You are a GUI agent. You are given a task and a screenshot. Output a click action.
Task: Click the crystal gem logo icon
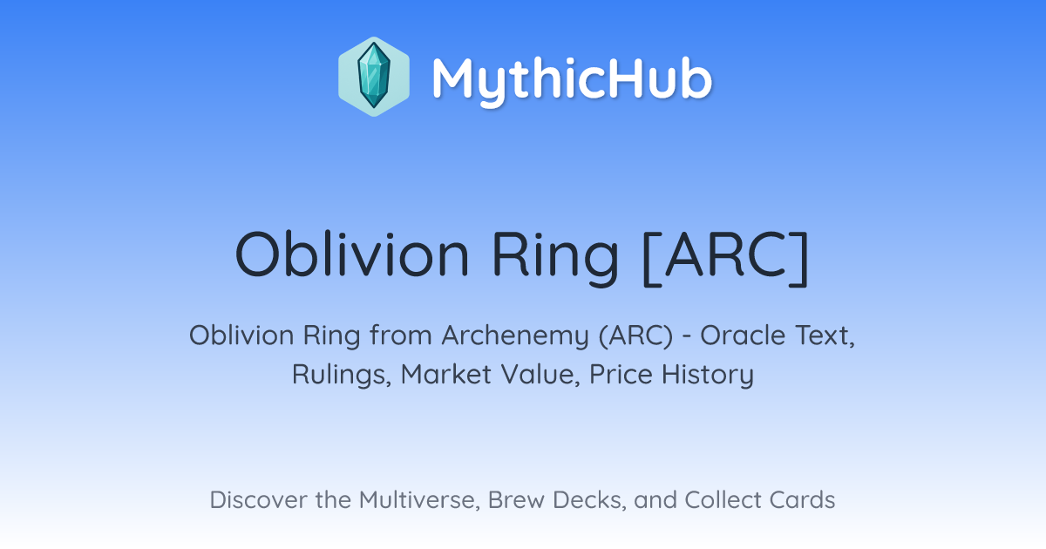pyautogui.click(x=374, y=77)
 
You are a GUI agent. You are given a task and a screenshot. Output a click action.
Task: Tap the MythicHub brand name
pyautogui.click(x=572, y=79)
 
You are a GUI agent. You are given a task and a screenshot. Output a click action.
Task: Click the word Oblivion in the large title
pyautogui.click(x=352, y=254)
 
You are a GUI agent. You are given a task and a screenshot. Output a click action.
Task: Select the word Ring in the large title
pyautogui.click(x=555, y=258)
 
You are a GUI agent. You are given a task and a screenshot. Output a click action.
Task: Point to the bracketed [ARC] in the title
pyautogui.click(x=725, y=257)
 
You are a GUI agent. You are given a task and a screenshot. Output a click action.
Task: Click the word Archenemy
pyautogui.click(x=515, y=336)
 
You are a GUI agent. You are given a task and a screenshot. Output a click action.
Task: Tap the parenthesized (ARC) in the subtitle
pyautogui.click(x=636, y=335)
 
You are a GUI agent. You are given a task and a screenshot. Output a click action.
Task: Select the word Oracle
pyautogui.click(x=744, y=335)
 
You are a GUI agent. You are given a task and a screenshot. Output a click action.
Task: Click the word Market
pyautogui.click(x=446, y=374)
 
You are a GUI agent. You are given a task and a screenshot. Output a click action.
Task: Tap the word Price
pyautogui.click(x=621, y=374)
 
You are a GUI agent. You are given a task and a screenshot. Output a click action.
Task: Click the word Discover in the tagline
pyautogui.click(x=259, y=499)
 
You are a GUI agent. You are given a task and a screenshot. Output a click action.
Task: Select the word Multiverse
pyautogui.click(x=420, y=500)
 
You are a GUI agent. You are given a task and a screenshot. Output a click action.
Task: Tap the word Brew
pyautogui.click(x=516, y=499)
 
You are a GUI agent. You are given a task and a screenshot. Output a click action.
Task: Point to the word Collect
pyautogui.click(x=723, y=499)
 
